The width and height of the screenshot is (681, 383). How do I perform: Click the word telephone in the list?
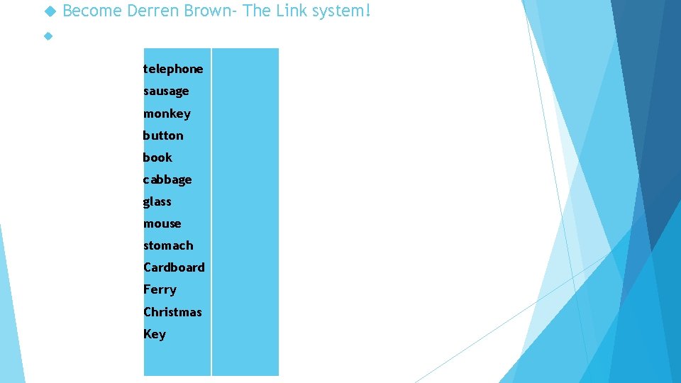click(173, 69)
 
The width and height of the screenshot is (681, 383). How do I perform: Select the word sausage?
click(166, 91)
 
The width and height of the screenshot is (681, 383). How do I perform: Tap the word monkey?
click(167, 113)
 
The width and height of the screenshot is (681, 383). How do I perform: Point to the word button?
click(163, 135)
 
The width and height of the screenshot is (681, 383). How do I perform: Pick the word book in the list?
click(157, 157)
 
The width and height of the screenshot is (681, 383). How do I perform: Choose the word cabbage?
click(167, 179)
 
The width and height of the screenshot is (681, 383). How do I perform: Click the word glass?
click(157, 201)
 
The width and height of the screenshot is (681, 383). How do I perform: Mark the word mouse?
click(162, 223)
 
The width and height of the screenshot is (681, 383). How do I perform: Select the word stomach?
click(168, 245)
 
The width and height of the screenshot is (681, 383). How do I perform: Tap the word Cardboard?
click(174, 267)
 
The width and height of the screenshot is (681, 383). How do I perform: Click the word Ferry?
click(160, 289)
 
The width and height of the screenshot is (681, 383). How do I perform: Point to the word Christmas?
click(172, 312)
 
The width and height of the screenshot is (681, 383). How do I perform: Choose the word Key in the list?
click(155, 334)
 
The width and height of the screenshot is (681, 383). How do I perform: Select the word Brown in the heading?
click(205, 11)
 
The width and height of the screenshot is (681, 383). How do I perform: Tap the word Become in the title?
click(92, 11)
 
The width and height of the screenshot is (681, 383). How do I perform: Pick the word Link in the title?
click(289, 11)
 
